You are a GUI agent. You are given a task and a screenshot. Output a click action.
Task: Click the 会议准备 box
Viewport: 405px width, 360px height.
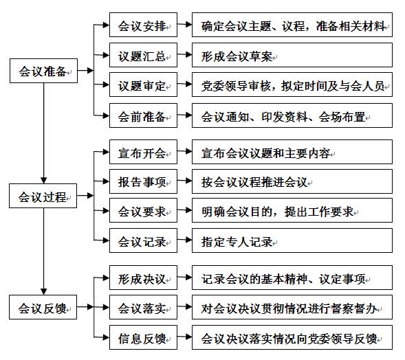pos(43,71)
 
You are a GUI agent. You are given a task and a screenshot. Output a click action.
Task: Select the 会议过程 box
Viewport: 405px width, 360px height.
pos(43,196)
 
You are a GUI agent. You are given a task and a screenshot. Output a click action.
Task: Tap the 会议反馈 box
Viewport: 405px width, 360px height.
pos(43,307)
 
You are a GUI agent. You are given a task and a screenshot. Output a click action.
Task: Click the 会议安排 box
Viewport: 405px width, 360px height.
pos(143,25)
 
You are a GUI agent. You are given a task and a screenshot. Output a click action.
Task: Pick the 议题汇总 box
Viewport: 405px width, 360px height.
pos(143,55)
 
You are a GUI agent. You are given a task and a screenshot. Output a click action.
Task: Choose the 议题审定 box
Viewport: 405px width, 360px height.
pos(143,85)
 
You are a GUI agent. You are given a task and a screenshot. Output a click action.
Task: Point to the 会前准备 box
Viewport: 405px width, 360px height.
pos(143,115)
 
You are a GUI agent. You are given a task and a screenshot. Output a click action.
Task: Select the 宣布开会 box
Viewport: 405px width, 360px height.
pos(143,152)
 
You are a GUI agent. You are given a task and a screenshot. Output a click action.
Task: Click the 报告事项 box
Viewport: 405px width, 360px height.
pos(143,181)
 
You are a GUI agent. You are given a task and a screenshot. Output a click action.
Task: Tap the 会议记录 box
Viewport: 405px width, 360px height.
pos(143,240)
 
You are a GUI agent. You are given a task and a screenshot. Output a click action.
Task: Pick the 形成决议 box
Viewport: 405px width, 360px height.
pos(143,278)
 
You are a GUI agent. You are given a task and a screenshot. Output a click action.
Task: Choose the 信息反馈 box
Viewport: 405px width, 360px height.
pos(143,337)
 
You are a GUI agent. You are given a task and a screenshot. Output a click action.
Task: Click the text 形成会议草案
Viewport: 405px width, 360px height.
pos(237,56)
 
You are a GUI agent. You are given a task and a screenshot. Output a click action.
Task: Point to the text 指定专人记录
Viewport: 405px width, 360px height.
pos(237,242)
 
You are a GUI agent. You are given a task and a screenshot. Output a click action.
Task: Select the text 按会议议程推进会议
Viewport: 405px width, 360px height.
pos(254,182)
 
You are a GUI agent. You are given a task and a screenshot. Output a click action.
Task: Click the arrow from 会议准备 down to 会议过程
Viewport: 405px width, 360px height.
pos(43,133)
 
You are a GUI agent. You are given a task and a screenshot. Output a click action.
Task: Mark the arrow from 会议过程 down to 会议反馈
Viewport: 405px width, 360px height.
pos(43,251)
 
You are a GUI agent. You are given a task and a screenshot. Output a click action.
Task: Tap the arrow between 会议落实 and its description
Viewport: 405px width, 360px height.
pos(185,306)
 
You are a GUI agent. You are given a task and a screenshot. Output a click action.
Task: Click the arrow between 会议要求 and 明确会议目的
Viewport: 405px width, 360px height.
pos(185,210)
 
